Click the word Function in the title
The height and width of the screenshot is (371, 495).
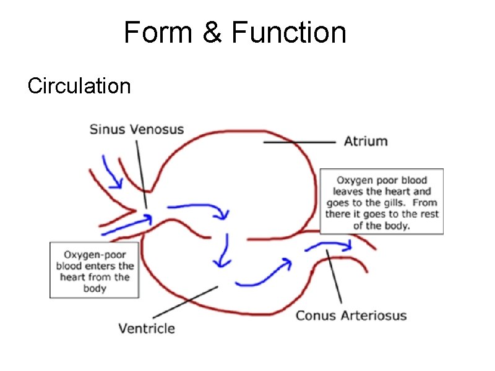(288, 33)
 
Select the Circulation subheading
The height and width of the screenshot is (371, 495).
(79, 86)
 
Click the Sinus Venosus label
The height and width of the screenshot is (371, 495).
(137, 129)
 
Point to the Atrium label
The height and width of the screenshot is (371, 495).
(366, 141)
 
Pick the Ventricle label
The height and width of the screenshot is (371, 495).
(147, 328)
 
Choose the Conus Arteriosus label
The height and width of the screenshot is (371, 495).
(351, 315)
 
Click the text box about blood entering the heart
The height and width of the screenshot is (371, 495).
(94, 270)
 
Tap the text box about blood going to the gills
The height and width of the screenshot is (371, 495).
(381, 202)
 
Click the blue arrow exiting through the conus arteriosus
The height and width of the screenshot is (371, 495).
(329, 247)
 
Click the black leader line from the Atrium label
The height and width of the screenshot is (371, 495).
(299, 142)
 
